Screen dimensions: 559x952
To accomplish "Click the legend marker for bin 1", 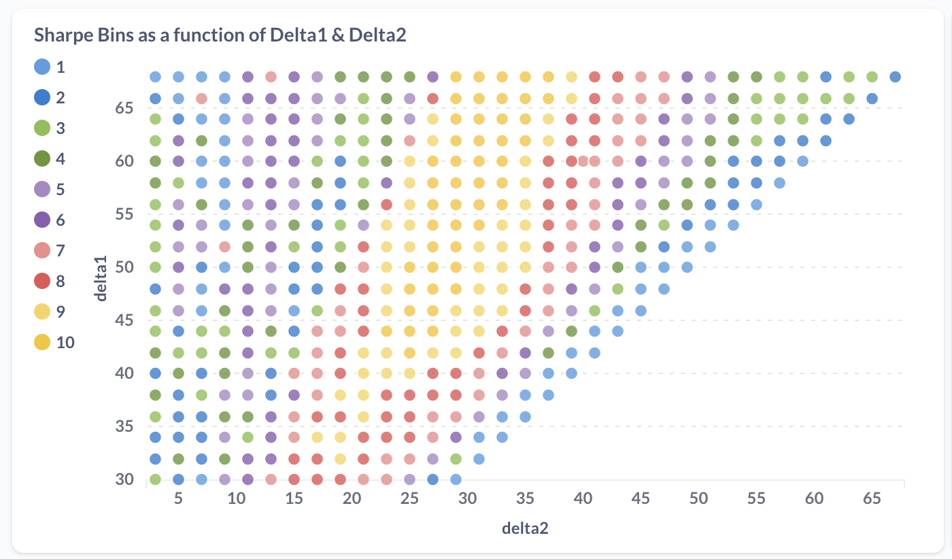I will click(x=42, y=67).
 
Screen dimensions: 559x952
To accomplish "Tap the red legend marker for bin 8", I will click(x=42, y=281).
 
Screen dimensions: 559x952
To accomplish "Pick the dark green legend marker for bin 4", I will click(x=42, y=159).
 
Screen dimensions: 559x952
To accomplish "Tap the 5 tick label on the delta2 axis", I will click(x=178, y=498).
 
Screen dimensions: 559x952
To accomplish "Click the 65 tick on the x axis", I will click(x=872, y=498).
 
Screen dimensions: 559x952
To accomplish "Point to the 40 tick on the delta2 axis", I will click(x=583, y=498).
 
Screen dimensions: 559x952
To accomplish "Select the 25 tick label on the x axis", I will click(x=409, y=498).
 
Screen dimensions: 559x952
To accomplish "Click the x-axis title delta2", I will click(x=525, y=528).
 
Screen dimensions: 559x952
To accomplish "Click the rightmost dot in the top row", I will click(x=895, y=77).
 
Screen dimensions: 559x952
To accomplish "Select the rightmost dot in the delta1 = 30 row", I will click(x=456, y=479).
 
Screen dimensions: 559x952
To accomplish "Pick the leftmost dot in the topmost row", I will click(x=155, y=77).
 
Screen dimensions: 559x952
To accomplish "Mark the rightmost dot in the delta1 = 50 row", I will click(x=687, y=267).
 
